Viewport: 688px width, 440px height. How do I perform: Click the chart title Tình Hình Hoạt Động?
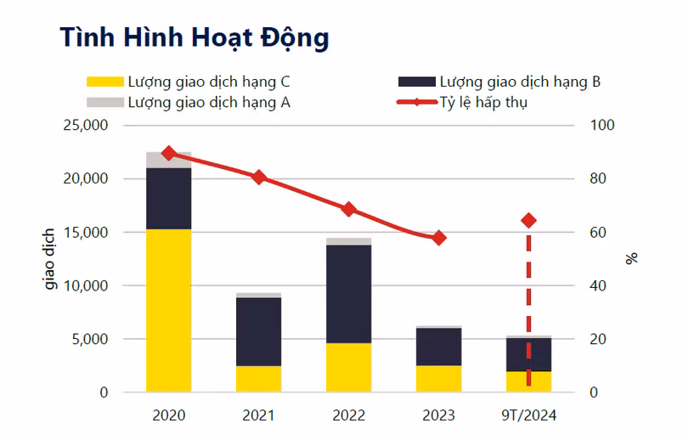194,38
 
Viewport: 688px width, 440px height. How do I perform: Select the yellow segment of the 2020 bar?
168,310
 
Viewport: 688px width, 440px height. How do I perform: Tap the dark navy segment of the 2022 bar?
348,294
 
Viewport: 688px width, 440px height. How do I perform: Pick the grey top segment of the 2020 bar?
168,160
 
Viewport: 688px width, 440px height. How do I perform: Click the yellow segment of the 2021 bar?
258,379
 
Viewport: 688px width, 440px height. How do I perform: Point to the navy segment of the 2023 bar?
438,347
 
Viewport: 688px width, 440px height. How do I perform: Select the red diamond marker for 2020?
168,153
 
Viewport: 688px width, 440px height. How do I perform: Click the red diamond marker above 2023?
438,238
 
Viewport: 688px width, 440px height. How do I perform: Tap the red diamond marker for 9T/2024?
528,220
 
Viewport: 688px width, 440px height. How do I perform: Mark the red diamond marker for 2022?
348,209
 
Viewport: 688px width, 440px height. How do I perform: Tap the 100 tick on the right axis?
601,126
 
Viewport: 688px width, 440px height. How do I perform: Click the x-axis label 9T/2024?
528,415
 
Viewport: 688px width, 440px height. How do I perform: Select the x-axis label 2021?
258,415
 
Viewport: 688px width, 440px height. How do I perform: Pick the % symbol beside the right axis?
632,258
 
